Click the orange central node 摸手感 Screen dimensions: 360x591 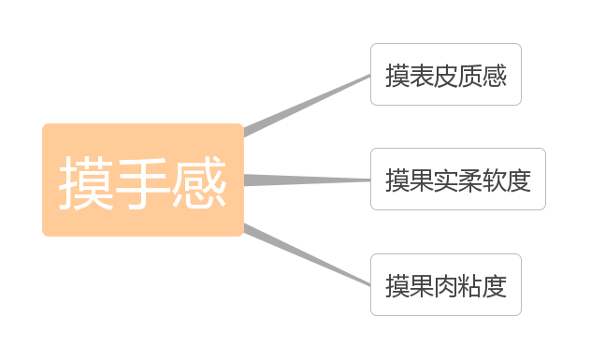point(143,180)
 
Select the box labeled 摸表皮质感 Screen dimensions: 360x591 point(445,75)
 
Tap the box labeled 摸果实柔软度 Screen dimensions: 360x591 point(457,180)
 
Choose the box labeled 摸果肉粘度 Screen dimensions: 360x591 point(445,285)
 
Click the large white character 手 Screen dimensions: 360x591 point(143,182)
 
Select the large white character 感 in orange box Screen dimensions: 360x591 point(199,182)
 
